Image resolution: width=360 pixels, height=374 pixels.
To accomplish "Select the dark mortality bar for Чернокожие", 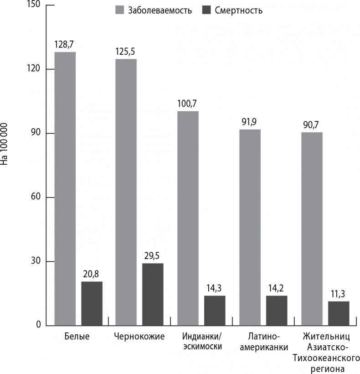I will (x=153, y=294).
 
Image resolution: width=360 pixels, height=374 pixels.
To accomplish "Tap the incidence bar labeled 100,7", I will (x=188, y=218).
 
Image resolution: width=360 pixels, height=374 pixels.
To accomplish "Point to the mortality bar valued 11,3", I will (x=339, y=313).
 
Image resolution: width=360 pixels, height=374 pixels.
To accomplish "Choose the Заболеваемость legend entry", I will (x=153, y=10).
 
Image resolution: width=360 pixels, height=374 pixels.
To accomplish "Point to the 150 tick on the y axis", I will (x=35, y=5).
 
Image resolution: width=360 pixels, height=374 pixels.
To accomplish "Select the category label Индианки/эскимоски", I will (x=202, y=342).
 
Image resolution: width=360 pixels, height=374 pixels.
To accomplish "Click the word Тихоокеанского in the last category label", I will (x=327, y=357).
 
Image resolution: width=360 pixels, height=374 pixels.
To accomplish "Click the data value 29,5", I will (x=153, y=256).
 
